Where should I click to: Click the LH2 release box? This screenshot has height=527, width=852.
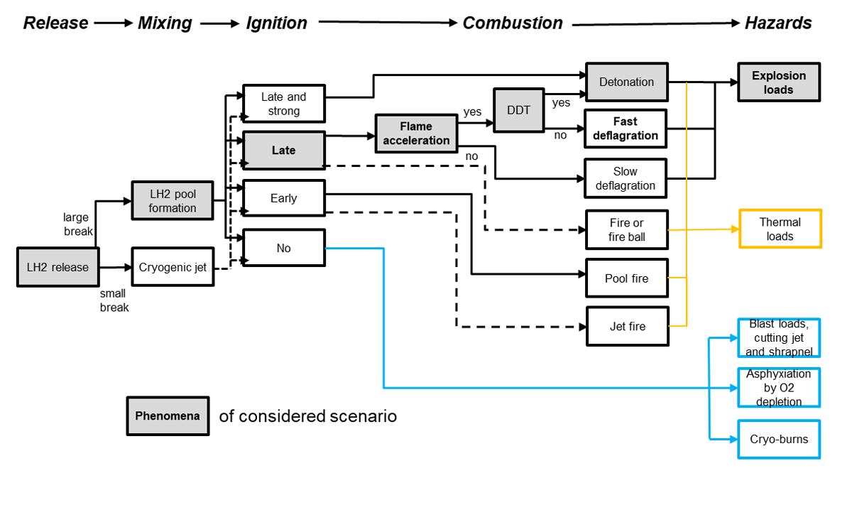coord(58,267)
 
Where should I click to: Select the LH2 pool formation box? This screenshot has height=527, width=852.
coord(173,200)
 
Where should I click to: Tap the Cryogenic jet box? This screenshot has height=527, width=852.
coord(173,267)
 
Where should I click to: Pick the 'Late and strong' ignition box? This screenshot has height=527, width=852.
coord(284,104)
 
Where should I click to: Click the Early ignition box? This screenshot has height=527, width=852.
coord(284,198)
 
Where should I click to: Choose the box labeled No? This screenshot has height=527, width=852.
coord(284,248)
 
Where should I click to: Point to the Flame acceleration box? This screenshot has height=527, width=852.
coord(416,134)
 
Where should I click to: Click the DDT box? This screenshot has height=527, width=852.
coord(518,110)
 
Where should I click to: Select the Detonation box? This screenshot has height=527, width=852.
coord(626,82)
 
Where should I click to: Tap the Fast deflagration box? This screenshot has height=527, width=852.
coord(626,129)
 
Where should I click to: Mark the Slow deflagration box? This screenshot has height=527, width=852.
coord(626,178)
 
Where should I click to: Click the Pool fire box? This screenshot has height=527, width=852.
coord(626,278)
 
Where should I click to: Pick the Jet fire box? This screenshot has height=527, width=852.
coord(628,326)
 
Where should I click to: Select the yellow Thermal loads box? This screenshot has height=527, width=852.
coord(780,229)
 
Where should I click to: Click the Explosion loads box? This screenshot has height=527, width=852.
coord(779,82)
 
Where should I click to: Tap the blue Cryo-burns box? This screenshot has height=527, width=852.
coord(779,439)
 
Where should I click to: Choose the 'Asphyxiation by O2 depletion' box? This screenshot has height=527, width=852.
coord(779,387)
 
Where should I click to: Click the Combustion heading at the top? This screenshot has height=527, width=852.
coord(513,23)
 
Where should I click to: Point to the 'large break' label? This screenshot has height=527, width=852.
coord(78,224)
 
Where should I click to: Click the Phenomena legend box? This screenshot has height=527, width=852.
coord(168,416)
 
